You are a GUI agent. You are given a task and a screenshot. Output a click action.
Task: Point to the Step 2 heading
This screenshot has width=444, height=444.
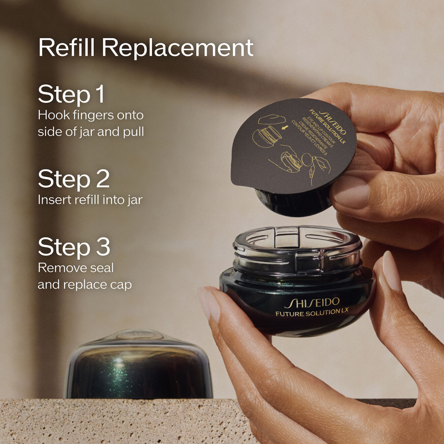coord(74,179)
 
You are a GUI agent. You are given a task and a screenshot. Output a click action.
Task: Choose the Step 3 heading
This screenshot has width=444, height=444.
coord(74,247)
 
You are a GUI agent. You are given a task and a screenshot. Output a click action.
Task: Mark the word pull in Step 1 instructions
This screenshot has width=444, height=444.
coord(133,132)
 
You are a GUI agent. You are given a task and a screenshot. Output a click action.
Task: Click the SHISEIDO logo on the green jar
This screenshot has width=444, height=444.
coord(312,302)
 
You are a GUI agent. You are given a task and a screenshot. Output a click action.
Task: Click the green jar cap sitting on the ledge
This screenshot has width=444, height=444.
coord(139,366)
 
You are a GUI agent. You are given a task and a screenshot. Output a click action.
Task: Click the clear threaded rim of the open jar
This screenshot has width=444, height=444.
coord(297,251)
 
